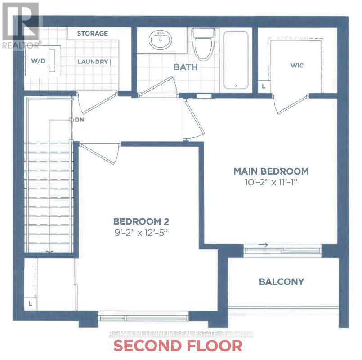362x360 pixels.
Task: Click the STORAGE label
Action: coord(92,33)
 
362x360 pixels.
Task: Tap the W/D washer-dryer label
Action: coord(38,60)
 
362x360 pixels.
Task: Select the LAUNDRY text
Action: coord(92,62)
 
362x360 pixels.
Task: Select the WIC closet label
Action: coord(297,66)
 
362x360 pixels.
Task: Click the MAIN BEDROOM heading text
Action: coord(270,171)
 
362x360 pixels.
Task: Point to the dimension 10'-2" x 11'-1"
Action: coord(270,182)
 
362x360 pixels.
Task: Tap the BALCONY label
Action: coord(282,282)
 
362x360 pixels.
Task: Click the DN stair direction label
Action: coord(80,120)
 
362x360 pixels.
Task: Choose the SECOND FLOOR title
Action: coord(178,346)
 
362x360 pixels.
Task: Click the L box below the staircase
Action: coord(30,303)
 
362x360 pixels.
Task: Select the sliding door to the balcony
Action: coord(282,251)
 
